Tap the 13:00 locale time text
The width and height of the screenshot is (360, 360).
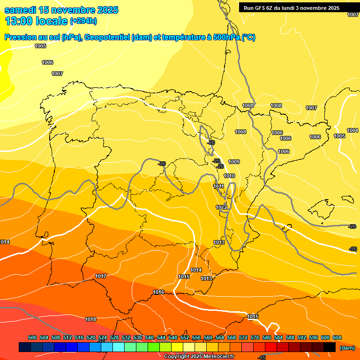tap(36, 21)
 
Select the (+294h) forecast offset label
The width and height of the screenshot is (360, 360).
tap(83, 21)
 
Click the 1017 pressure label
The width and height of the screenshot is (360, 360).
tap(101, 276)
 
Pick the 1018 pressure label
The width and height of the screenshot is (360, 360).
tap(90, 319)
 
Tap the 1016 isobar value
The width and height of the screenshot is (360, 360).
tap(158, 292)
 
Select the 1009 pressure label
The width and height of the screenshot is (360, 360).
tap(234, 162)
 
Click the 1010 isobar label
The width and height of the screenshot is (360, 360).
tap(229, 176)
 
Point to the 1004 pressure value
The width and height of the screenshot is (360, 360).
tap(352, 130)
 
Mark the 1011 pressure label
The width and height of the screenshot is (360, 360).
tap(219, 186)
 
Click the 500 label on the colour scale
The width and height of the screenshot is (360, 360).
tap(32, 337)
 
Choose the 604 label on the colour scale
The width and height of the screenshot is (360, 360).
tap(337, 337)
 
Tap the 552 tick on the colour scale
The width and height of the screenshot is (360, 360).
tap(185, 337)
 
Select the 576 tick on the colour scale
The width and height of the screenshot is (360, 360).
tap(255, 337)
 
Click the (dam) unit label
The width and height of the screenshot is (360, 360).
tap(347, 347)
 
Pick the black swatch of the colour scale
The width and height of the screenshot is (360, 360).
tap(330, 347)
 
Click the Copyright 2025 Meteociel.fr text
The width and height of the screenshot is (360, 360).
tap(199, 356)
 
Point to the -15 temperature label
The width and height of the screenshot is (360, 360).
tap(262, 358)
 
